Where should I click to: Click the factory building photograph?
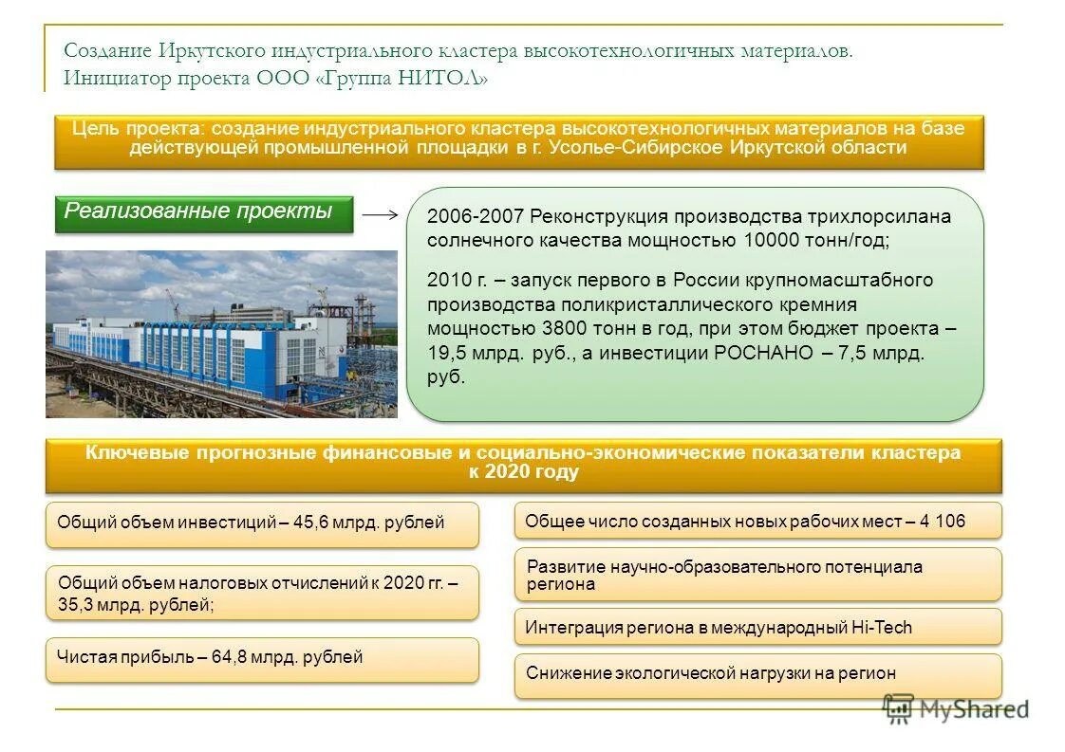[221, 334]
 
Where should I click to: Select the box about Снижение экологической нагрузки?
[757, 674]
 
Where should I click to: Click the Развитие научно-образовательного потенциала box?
[757, 575]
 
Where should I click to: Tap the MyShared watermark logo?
[956, 708]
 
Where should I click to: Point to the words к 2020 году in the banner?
[523, 472]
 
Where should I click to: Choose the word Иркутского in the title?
[215, 51]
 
